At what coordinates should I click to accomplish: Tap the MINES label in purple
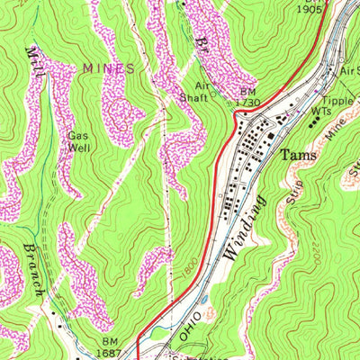pos(108,67)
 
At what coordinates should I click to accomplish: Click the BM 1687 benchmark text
pos(110,347)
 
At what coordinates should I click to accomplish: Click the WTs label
pos(322,111)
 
